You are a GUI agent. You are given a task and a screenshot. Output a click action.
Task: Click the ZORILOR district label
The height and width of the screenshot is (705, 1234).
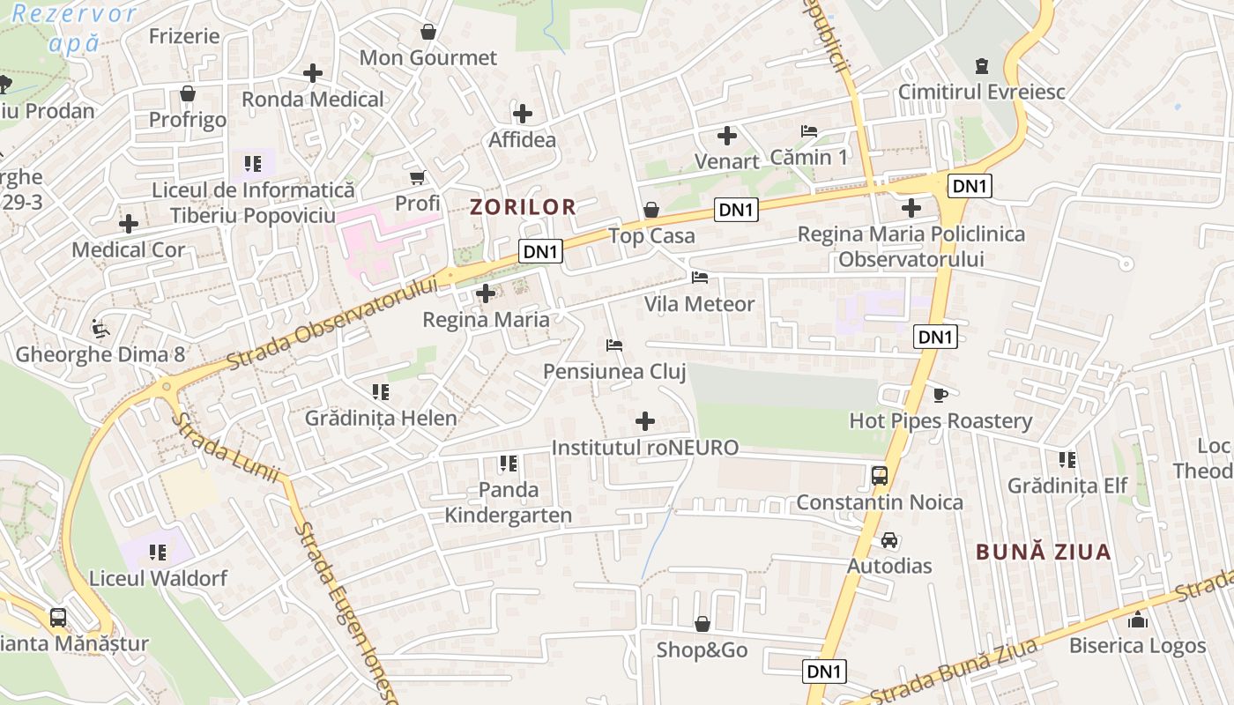(x=523, y=207)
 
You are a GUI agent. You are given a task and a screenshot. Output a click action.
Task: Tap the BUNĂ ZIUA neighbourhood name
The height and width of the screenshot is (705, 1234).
(x=1044, y=553)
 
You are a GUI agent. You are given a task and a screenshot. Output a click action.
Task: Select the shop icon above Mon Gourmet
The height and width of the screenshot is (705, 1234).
(x=428, y=32)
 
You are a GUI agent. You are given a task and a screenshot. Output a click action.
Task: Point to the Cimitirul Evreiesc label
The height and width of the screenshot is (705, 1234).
(x=981, y=92)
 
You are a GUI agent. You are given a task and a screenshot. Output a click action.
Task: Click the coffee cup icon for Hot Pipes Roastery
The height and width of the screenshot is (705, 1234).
(x=940, y=394)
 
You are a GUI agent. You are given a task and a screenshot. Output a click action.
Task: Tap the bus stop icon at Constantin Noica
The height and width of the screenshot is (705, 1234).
(x=879, y=476)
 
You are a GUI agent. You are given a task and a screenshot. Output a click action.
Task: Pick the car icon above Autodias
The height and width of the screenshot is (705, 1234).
(x=889, y=539)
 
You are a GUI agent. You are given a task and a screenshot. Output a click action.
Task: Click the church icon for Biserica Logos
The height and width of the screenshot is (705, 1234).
(x=1137, y=620)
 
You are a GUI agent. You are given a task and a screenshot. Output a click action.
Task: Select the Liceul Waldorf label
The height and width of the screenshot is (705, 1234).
(x=158, y=579)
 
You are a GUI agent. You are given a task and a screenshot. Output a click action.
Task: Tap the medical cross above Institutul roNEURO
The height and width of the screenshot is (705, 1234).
(x=645, y=421)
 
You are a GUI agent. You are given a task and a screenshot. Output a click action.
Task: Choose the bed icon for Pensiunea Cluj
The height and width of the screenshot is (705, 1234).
(x=614, y=345)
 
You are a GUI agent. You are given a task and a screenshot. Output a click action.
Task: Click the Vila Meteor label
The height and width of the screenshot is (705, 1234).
(x=699, y=304)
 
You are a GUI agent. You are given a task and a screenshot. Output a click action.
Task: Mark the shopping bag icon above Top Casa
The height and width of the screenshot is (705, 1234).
(x=651, y=210)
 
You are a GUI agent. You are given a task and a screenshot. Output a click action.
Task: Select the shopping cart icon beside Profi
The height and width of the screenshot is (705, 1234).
(x=418, y=177)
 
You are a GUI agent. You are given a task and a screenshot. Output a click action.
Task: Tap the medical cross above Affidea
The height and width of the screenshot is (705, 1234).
(x=523, y=114)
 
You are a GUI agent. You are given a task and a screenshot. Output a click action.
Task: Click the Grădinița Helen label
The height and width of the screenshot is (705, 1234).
(x=381, y=418)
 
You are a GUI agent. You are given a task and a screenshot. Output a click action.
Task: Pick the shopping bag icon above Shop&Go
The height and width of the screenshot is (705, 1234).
(x=702, y=624)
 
